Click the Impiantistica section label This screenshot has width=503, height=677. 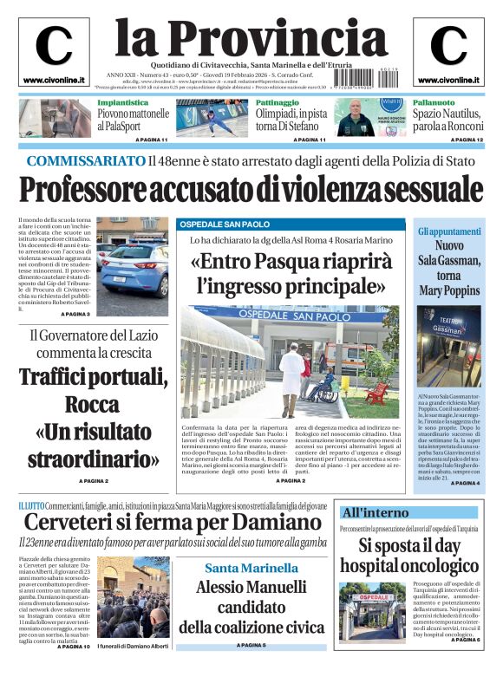(121, 103)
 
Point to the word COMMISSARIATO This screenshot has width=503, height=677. (85, 160)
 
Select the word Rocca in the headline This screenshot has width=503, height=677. (92, 404)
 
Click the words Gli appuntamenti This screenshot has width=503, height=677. (449, 232)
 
